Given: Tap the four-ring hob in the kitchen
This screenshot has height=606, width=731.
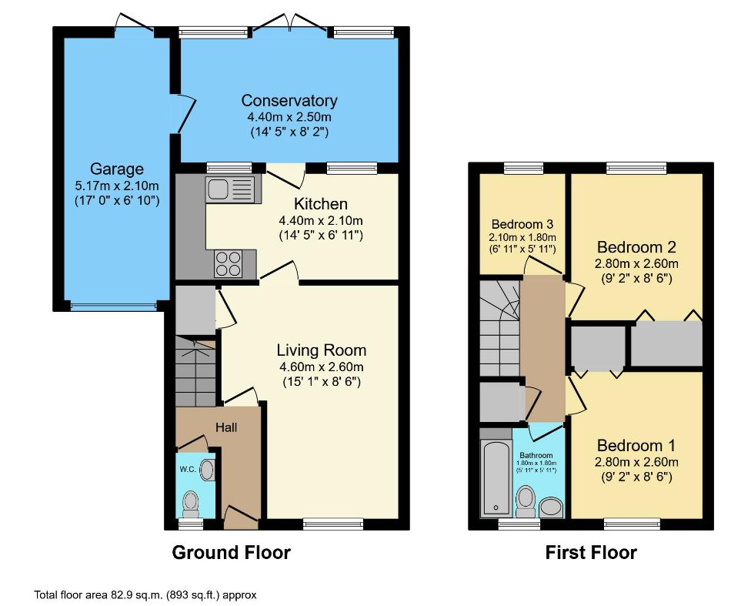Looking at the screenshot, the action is [229, 264].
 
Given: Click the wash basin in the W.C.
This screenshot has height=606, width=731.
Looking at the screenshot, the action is [208, 470].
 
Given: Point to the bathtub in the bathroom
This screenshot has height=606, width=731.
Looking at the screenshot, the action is [496, 477].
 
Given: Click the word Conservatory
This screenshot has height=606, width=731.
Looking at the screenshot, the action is [289, 100].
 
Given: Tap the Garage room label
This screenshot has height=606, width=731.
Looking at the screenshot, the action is [116, 169].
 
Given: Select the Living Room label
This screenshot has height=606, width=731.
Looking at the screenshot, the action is [321, 350].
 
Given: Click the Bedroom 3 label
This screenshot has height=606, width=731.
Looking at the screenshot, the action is [522, 224].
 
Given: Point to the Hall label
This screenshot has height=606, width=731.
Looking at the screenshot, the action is [226, 427].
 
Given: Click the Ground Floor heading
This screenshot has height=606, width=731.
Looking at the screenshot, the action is [232, 552].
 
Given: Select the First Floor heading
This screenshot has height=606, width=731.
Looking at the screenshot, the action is [591, 552].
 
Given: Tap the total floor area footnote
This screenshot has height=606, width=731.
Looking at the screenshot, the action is [145, 594].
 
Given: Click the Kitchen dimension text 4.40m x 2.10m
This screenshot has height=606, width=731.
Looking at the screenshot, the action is [321, 220].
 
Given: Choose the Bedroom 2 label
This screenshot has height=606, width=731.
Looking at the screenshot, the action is [636, 246].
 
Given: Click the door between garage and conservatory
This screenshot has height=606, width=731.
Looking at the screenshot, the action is [183, 113].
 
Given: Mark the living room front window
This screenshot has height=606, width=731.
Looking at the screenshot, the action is [333, 524].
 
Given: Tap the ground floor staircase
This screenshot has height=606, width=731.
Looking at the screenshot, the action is [195, 371].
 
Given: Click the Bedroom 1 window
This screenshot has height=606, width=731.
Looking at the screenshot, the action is [632, 524].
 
